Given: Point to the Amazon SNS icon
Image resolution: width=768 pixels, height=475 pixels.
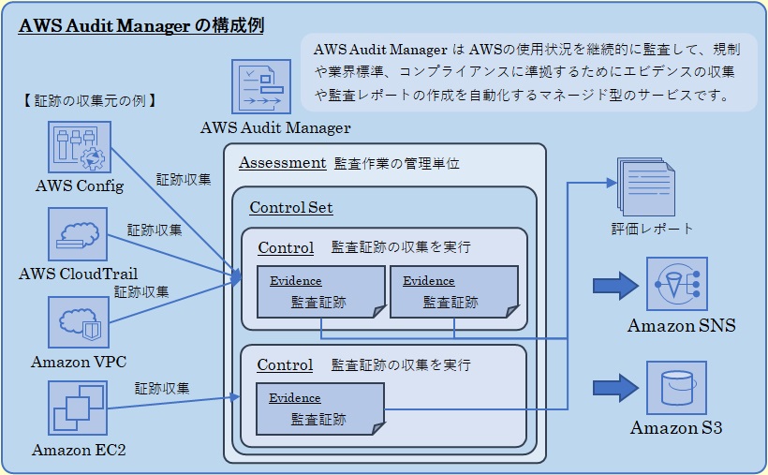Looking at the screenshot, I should pos(676,284).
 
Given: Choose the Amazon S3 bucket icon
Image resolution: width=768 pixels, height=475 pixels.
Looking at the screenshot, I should pos(676,387).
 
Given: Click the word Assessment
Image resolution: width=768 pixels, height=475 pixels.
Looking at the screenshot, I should pos(282,163).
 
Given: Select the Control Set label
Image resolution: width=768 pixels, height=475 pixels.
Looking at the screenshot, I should pos(291,208).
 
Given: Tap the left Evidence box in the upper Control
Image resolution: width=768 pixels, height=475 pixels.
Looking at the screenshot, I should pos(321,292).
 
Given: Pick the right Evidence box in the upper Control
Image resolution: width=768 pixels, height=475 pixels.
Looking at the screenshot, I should pos(454,292).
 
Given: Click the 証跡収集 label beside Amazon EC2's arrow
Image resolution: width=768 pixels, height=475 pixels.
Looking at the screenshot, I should pos(162,387).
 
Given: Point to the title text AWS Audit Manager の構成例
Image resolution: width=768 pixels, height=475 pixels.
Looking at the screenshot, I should pos(141,26).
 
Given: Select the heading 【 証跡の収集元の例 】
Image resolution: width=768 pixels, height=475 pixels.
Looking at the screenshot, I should pos(88,100).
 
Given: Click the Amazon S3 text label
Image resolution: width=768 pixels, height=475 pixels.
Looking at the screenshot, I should pos(676,428).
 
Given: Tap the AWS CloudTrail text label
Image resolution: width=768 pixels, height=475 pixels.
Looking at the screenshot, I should pos(79,274).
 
